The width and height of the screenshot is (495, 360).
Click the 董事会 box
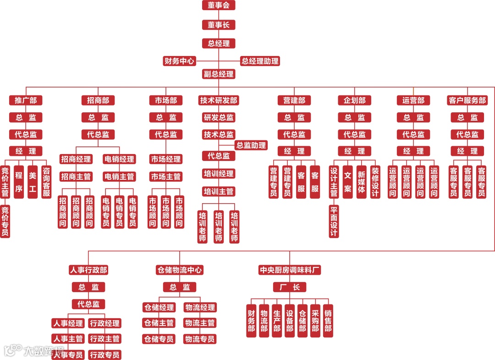[219, 6]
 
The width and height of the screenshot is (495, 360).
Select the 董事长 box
[219, 25]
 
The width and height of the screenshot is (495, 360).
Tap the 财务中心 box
[179, 61]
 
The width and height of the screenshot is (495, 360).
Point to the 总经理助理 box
[260, 61]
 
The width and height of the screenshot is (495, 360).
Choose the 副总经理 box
[219, 74]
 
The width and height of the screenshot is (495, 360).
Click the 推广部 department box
[26, 100]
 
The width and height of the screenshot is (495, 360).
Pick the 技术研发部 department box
[219, 100]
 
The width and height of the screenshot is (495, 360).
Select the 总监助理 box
[251, 145]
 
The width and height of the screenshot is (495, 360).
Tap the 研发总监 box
[219, 117]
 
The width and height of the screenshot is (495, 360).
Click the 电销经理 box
[119, 159]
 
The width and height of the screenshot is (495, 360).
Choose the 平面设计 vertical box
[334, 221]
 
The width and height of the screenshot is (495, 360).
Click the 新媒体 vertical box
[362, 182]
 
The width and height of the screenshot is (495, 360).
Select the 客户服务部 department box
[467, 100]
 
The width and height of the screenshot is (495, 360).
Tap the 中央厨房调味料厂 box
[290, 270]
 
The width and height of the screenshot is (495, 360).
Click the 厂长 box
[290, 288]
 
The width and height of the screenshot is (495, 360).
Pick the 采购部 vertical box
[315, 321]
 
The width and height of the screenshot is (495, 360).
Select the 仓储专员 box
[159, 339]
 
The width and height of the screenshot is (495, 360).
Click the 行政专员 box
[105, 355]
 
